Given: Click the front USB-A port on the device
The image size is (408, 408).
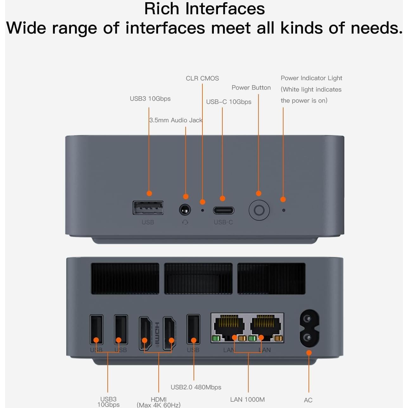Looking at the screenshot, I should pos(148,208).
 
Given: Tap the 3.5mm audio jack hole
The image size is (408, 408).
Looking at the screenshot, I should pos(185,210).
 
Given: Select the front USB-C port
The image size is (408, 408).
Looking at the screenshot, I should pos(223,210).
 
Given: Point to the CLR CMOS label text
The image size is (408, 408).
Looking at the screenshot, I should pos(202,78).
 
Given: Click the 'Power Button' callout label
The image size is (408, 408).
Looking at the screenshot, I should pos(251,88).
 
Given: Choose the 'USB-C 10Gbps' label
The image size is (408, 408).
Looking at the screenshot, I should pos(228,102).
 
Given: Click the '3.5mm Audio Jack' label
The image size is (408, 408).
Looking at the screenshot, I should pos(175,120).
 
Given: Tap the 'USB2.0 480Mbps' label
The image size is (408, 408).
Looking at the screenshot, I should pos(196,387).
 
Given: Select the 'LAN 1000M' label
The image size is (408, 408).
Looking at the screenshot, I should pos(247,399).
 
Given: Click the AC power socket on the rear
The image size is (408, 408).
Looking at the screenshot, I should pos(309,328).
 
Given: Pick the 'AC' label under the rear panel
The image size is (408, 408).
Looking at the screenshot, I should pos(308,400).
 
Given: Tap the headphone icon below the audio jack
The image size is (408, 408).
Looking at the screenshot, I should pos(185,222).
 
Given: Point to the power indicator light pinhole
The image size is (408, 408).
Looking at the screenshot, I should pos(284,210).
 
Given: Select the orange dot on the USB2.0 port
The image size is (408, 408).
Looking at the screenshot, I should pos(194,341).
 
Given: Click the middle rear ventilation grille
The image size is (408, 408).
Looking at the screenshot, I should pos(198,278).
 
